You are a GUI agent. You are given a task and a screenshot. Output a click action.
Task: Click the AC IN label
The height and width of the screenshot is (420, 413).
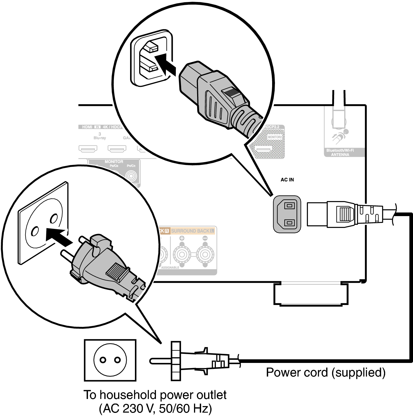(x=287, y=180)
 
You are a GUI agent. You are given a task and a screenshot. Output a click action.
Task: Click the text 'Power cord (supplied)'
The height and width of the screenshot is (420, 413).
(x=326, y=372)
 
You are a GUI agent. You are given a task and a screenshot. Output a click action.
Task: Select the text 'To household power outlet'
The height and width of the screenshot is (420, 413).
(x=155, y=395)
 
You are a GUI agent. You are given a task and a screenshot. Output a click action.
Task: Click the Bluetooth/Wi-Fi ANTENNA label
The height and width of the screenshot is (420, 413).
(x=344, y=152)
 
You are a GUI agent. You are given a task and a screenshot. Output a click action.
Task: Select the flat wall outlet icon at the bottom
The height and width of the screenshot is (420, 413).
(x=110, y=360)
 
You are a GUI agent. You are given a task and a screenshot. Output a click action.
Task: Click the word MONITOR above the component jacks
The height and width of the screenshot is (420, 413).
(x=114, y=161)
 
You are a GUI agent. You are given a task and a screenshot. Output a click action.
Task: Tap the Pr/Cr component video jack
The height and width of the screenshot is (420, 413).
(x=131, y=176)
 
